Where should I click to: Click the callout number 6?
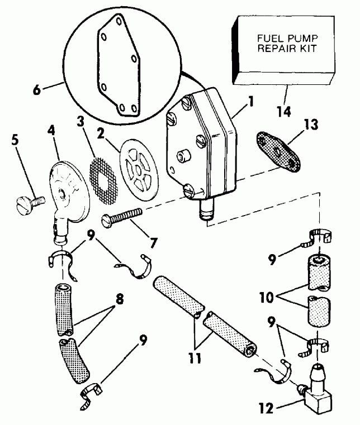(36, 89)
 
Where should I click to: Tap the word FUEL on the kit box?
(268, 39)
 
